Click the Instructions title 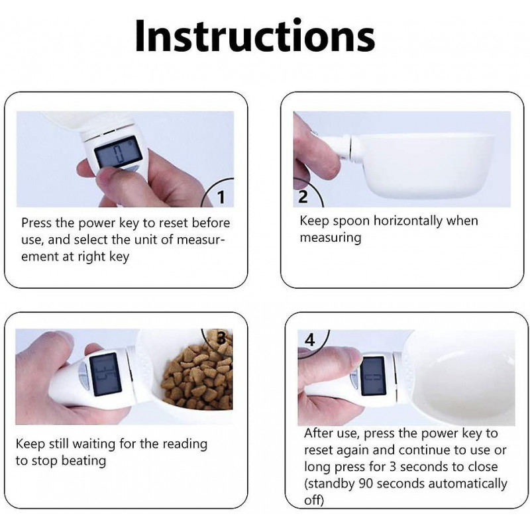(x=254, y=36)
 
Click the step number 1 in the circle (x=221, y=197)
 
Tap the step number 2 (x=303, y=197)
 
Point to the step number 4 (x=310, y=340)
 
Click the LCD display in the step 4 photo (x=375, y=374)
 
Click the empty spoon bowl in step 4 (x=457, y=378)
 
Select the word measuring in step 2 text (x=331, y=237)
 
